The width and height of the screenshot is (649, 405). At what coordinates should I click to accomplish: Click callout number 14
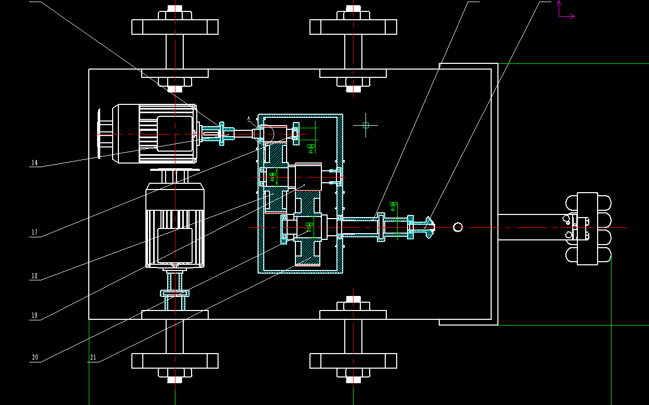[x=34, y=163]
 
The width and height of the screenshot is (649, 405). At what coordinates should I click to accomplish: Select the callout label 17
[x=34, y=233]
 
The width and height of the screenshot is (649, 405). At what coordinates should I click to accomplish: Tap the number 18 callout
[x=34, y=276]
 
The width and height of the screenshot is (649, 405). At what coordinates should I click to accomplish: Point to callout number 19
[x=34, y=316]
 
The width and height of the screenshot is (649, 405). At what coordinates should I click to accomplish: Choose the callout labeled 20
[x=35, y=358]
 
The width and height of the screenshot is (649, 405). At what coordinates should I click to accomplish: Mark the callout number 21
[x=93, y=358]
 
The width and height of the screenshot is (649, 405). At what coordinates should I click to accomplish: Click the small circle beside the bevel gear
[x=457, y=227]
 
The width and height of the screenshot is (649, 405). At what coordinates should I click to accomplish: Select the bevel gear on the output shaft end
[x=429, y=227]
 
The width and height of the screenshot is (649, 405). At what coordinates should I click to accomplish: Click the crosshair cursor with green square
[x=366, y=125]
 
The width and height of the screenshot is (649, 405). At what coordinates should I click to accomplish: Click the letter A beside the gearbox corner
[x=249, y=118]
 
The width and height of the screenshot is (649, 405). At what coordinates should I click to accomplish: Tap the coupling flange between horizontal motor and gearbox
[x=222, y=133]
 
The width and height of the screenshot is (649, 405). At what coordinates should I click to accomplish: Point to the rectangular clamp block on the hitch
[x=587, y=228]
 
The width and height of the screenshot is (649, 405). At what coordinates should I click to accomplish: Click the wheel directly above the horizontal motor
[x=174, y=27]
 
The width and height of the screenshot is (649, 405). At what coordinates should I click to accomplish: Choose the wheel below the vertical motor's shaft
[x=174, y=360]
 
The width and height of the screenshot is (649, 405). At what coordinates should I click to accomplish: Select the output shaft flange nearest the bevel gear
[x=411, y=227]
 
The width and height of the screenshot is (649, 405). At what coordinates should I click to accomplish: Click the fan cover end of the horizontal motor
[x=104, y=134]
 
